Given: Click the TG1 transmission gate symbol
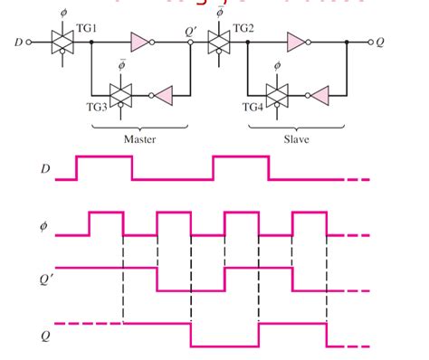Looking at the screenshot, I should tap(62, 42).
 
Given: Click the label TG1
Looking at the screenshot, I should tap(88, 29).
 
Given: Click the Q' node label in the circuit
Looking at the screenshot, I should tap(190, 30).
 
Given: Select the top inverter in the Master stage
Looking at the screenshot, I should tap(141, 42).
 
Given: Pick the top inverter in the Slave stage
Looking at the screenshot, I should tap(297, 42).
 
